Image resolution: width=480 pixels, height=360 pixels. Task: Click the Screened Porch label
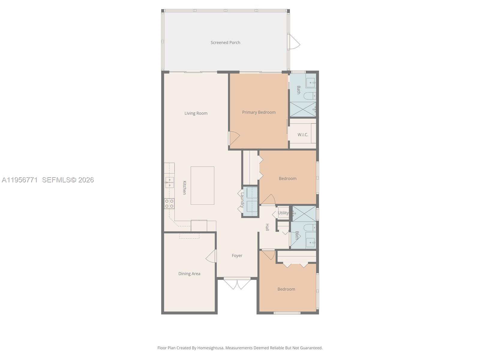coord(225,43)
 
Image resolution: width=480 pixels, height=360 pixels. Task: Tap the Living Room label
coord(196,113)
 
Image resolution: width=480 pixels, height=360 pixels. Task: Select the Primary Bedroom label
coord(259,112)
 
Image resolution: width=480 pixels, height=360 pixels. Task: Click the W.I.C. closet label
coord(303,135)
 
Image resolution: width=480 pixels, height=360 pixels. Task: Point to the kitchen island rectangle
coord(202,185)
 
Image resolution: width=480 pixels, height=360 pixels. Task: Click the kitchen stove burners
coord(169,204)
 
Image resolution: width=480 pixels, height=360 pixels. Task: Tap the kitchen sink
coord(169,182)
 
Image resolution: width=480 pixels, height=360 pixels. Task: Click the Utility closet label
coord(283,213)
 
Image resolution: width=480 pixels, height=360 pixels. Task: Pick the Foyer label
coord(237,256)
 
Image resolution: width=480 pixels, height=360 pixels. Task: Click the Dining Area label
coord(189,274)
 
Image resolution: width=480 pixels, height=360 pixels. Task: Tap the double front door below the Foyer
coord(237,283)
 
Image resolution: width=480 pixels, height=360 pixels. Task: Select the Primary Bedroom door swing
coord(234,138)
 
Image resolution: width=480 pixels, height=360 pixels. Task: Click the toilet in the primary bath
coord(309,96)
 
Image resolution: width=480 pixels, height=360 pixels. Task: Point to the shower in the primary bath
coord(302,109)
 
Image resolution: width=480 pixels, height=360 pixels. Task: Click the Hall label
coord(267,227)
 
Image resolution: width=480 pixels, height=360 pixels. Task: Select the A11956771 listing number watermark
coord(20,180)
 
